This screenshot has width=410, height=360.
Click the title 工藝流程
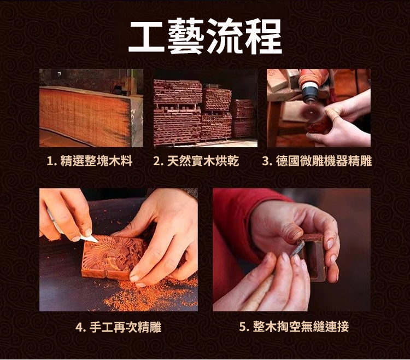coord(205,37)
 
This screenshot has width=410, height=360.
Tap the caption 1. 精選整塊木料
coord(90,161)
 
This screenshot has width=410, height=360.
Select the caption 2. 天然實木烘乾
coord(196,161)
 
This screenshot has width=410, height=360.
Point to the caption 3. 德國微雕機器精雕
coord(317,161)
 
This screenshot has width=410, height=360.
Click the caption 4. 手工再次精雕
coord(118,327)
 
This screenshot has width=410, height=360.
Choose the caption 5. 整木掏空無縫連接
coord(294,327)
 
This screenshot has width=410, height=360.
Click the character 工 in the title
coord(147,37)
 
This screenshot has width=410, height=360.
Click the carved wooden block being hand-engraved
coord(113,257)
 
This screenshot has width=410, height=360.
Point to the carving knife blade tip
coord(97,241)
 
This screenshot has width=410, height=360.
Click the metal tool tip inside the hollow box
coord(298,248)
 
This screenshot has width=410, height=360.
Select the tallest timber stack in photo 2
coord(177,113)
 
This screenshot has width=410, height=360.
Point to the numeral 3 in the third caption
coord(265,161)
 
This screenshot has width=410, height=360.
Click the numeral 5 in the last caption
coord(242,327)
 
